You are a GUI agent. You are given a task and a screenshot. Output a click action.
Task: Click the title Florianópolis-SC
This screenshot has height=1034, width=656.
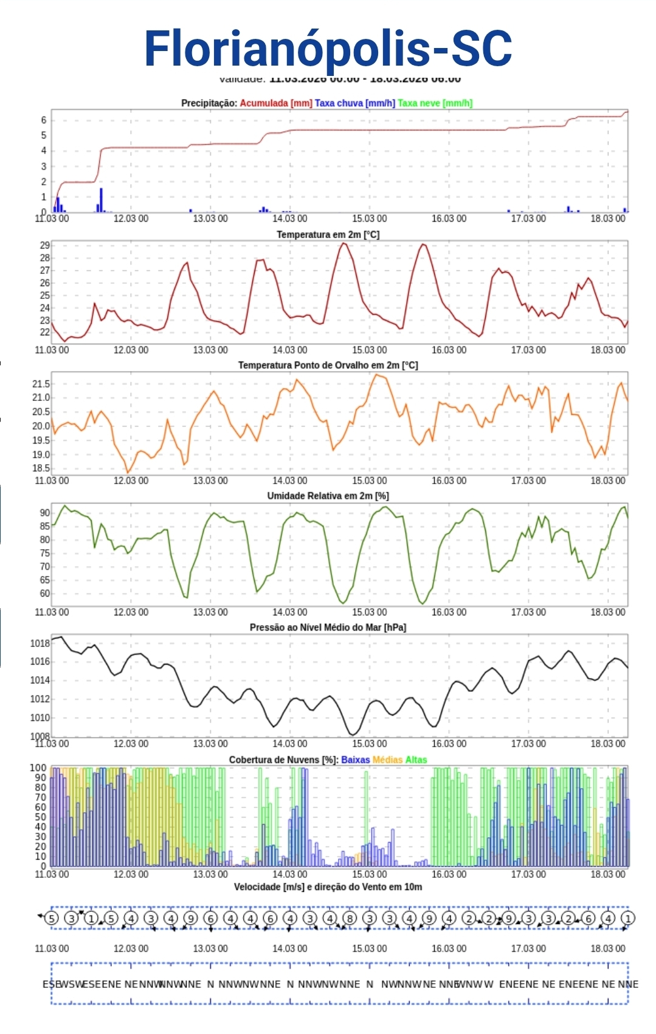click(328, 49)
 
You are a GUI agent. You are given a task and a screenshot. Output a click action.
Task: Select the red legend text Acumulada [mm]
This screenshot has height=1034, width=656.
click(276, 103)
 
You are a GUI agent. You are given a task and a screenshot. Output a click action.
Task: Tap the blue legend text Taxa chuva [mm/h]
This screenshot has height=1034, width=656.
click(354, 103)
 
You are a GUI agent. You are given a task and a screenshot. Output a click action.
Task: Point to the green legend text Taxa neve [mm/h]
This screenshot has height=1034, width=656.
click(435, 103)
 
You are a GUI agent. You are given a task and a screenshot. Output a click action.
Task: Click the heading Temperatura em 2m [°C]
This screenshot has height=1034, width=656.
click(328, 235)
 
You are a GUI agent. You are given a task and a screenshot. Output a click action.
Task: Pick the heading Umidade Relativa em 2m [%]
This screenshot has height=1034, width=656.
click(328, 496)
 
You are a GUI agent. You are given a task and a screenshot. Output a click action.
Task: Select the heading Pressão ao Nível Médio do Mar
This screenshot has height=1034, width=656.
click(328, 627)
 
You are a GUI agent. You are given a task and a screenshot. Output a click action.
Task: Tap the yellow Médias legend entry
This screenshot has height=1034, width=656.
click(387, 759)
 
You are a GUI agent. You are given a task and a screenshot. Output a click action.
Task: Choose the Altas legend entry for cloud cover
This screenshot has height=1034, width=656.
click(416, 759)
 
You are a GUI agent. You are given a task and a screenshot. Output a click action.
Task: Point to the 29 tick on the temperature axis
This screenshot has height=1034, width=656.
click(44, 245)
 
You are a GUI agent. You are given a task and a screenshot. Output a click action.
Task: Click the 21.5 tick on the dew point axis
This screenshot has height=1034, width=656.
click(41, 384)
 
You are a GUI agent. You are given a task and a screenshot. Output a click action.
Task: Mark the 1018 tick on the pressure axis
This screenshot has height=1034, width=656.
click(40, 643)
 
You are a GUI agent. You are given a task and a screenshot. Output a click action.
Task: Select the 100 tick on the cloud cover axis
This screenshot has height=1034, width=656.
click(38, 768)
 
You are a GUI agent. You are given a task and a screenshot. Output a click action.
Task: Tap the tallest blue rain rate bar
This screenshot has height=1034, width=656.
click(101, 199)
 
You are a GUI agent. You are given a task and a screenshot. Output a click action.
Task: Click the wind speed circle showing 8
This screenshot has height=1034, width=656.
click(350, 918)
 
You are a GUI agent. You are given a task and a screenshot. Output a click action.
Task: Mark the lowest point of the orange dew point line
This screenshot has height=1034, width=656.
click(128, 472)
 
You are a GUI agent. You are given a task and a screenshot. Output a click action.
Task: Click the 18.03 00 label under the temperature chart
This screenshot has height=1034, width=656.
click(607, 350)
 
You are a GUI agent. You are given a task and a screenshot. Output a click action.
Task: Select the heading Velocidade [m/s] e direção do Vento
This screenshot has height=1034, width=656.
click(328, 887)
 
